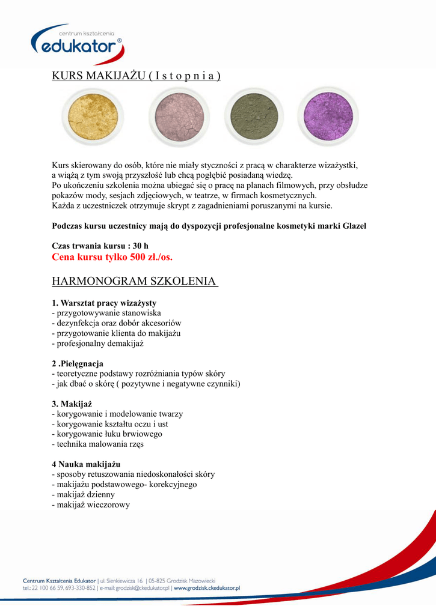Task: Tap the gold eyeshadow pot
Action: pos(92,115)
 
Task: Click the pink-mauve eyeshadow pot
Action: pos(179,116)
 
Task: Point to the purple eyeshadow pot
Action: pos(328,115)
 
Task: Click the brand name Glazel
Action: pos(353,226)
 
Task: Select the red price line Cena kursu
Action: pos(112,257)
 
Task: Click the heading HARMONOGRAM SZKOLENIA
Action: pos(135,281)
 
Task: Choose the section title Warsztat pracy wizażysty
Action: pos(104,303)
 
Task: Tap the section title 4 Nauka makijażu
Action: pos(87,464)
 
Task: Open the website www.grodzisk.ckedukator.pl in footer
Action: pos(207,589)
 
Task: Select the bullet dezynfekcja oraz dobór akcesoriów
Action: pos(117,323)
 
